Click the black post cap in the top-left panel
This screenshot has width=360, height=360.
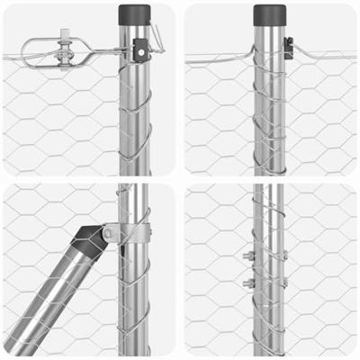coord(135,14)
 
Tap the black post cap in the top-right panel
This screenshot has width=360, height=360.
coord(269,14)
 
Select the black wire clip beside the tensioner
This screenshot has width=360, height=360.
coord(139,51)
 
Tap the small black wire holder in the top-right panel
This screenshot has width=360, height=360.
coord(288,49)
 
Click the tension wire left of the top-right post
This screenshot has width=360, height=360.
coord(220,60)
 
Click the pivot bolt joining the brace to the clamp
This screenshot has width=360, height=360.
coord(108,233)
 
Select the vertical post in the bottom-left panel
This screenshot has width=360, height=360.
coord(135,297)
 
